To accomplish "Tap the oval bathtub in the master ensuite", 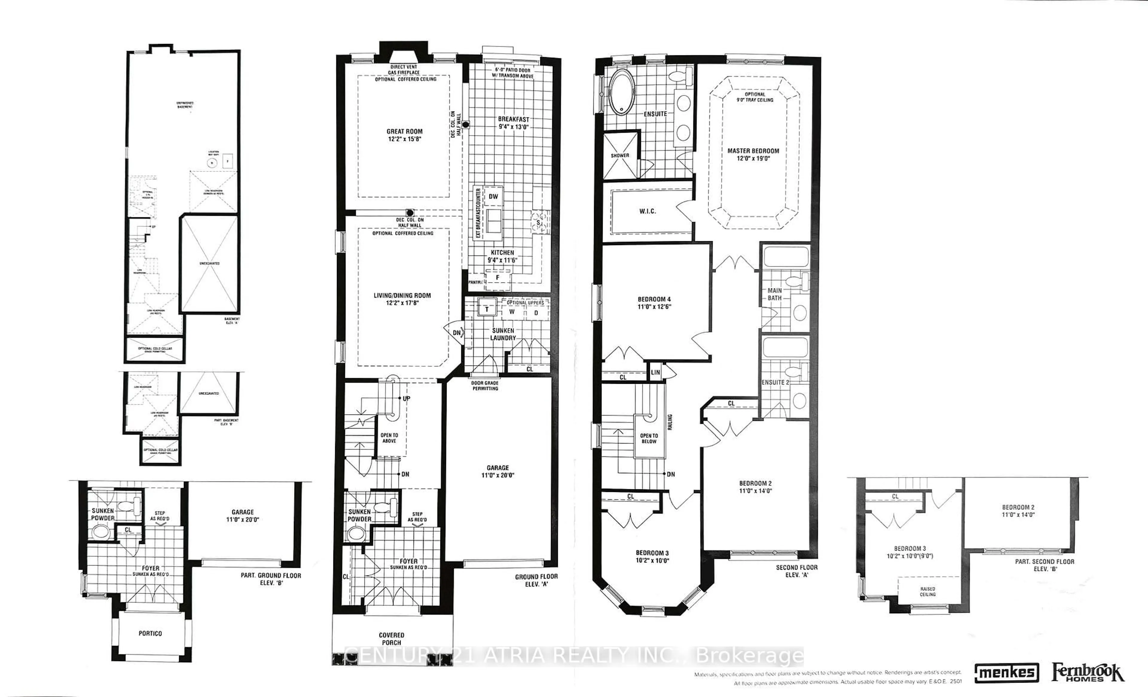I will point(620,91).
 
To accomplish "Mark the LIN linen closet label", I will point(655,372).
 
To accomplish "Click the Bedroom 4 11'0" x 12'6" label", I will point(654,303).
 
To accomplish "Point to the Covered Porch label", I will point(391,639).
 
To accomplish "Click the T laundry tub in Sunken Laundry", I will point(487,309).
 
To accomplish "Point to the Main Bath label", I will point(774,294).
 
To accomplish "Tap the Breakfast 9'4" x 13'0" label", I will point(513,123).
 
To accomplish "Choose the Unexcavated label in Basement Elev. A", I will point(209,264).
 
